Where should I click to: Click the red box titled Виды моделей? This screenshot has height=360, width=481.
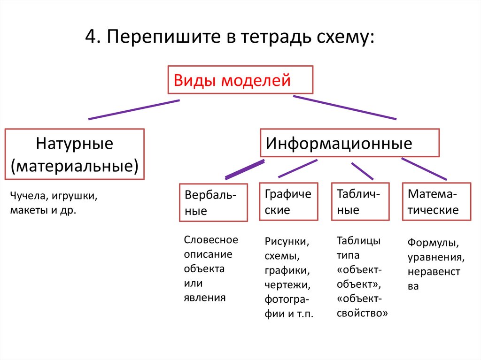(240, 80)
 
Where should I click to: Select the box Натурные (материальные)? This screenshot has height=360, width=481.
(74, 154)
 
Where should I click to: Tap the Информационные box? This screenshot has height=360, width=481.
(349, 143)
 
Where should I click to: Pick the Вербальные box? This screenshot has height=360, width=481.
(213, 202)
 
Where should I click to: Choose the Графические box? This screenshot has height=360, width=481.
(288, 202)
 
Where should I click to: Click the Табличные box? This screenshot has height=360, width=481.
(360, 202)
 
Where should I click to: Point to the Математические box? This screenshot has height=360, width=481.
(437, 202)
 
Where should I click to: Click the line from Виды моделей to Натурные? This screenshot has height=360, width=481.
(134, 109)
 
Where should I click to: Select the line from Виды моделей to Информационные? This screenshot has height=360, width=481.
(344, 107)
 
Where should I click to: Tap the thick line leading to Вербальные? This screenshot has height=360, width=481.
(245, 169)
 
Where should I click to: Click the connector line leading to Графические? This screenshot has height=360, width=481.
(298, 169)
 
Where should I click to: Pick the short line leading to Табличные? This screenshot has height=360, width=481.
(362, 171)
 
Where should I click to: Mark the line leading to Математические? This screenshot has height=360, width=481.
(424, 169)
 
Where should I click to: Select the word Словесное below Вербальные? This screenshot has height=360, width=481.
(211, 240)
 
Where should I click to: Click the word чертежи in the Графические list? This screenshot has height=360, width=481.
(286, 285)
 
